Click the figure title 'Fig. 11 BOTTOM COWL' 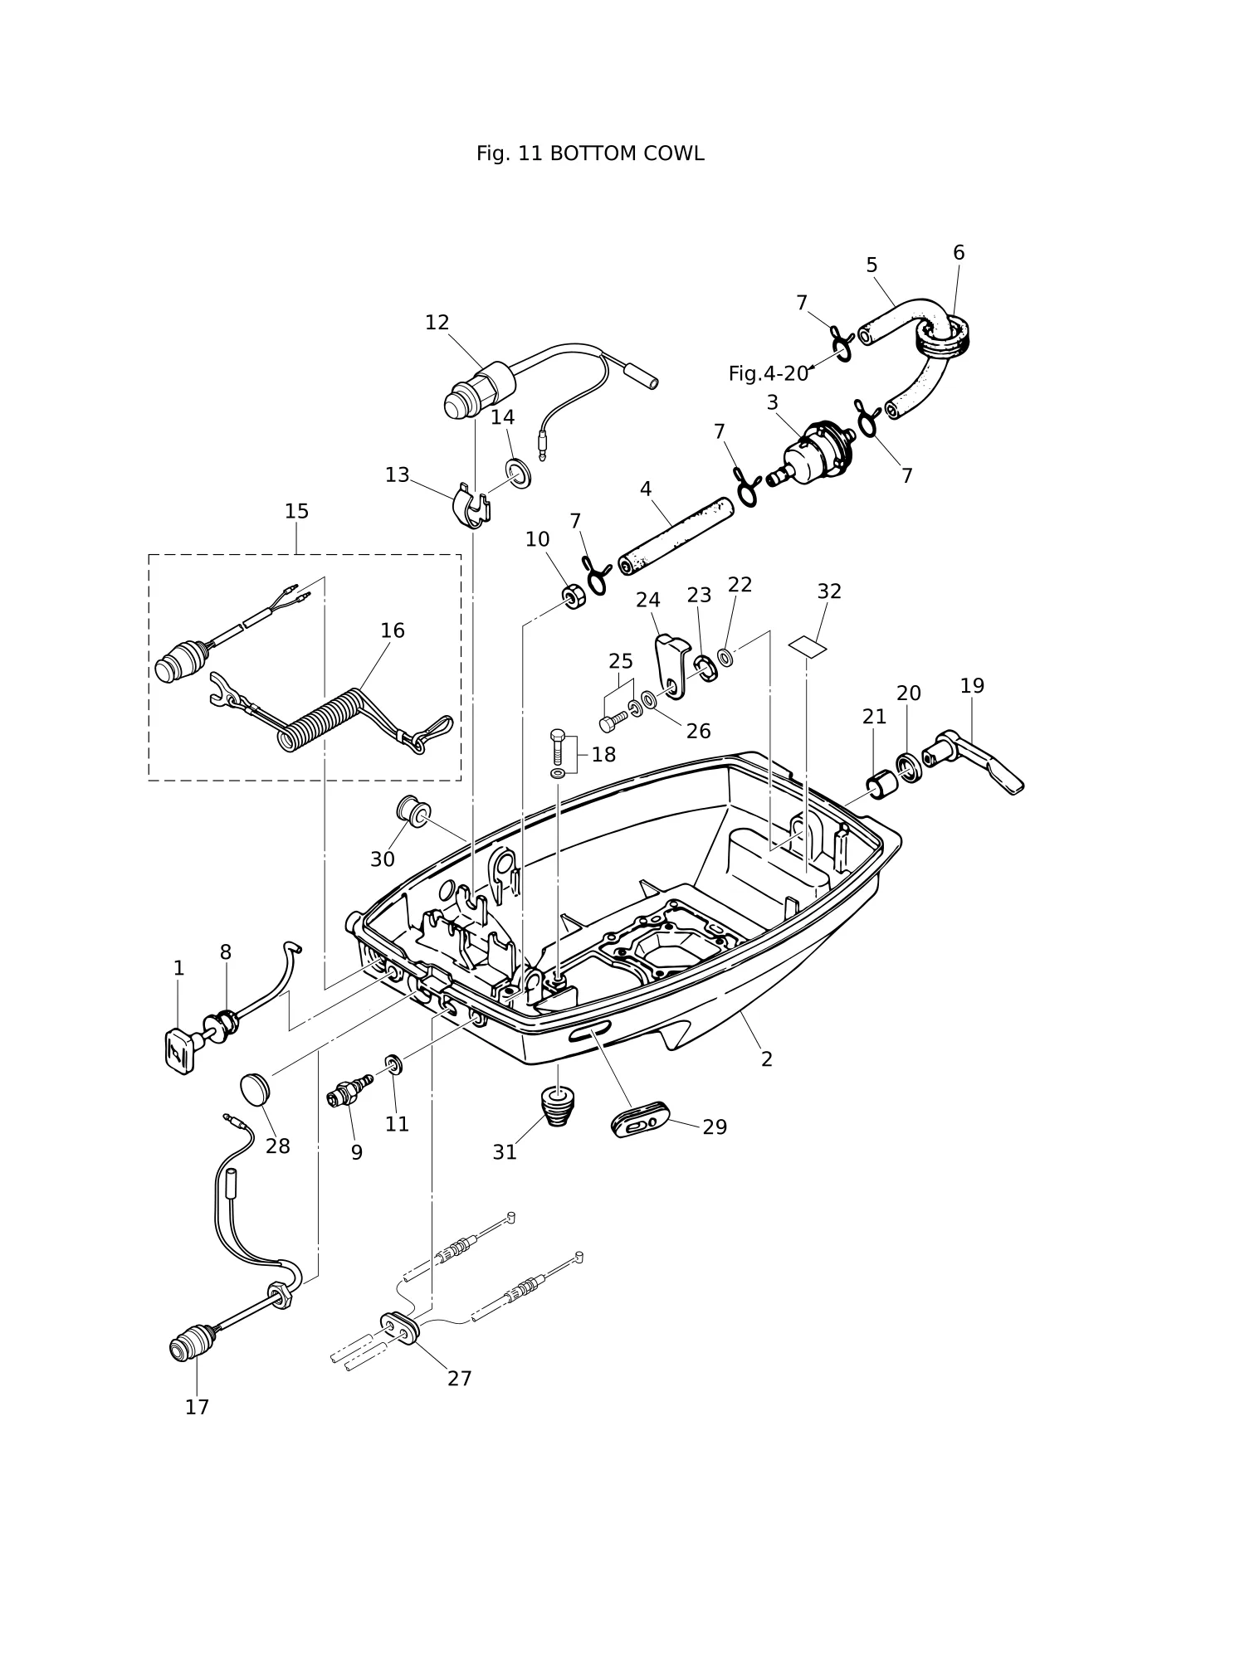point(590,153)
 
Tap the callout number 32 point(829,591)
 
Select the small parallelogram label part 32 point(808,645)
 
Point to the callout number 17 point(197,1407)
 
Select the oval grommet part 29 point(640,1121)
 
